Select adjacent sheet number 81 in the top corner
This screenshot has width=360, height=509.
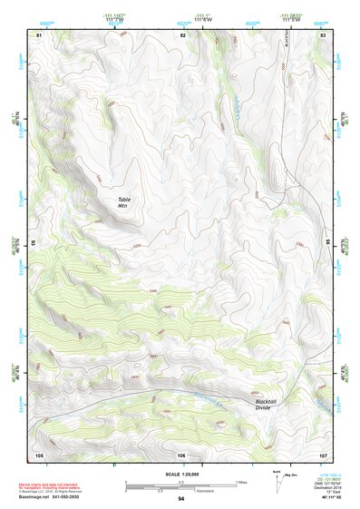coord(39,34)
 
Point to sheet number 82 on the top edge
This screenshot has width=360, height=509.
coord(182,34)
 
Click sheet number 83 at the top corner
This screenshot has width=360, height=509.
coord(323,34)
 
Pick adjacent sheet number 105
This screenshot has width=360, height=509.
coord(39,454)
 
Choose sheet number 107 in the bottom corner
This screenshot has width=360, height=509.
coord(323,454)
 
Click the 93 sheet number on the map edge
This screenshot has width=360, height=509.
coord(34,243)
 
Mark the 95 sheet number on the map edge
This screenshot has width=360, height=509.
coord(328,243)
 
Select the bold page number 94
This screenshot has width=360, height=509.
coord(181,498)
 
